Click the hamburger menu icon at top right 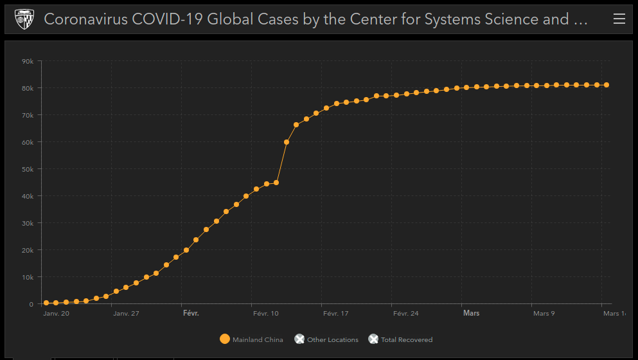pyautogui.click(x=619, y=19)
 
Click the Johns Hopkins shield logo pyautogui.click(x=24, y=19)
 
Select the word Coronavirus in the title pyautogui.click(x=85, y=19)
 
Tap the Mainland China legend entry pyautogui.click(x=251, y=339)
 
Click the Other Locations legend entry pyautogui.click(x=326, y=339)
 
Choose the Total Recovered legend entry pyautogui.click(x=400, y=339)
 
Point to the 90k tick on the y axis pyautogui.click(x=28, y=62)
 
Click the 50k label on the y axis pyautogui.click(x=28, y=169)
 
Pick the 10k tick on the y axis pyautogui.click(x=28, y=277)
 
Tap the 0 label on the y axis pyautogui.click(x=31, y=304)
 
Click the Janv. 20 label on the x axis pyautogui.click(x=56, y=314)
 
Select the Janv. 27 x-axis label pyautogui.click(x=126, y=314)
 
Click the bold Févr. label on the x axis pyautogui.click(x=191, y=314)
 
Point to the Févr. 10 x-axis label pyautogui.click(x=266, y=314)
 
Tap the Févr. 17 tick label pyautogui.click(x=335, y=314)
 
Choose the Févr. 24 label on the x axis pyautogui.click(x=405, y=314)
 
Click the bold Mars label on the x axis pyautogui.click(x=471, y=314)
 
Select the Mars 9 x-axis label pyautogui.click(x=544, y=314)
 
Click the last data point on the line pyautogui.click(x=607, y=85)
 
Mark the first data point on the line pyautogui.click(x=46, y=303)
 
